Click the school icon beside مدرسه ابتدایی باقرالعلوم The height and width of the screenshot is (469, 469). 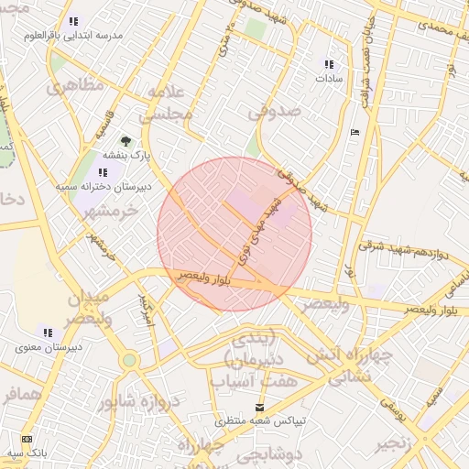pos(73,21)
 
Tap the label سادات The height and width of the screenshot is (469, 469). pos(329,79)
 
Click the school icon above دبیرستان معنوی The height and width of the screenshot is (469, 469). pos(48,333)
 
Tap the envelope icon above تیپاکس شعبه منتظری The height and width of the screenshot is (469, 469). pos(261,407)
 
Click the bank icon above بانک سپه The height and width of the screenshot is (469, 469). pos(26,439)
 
